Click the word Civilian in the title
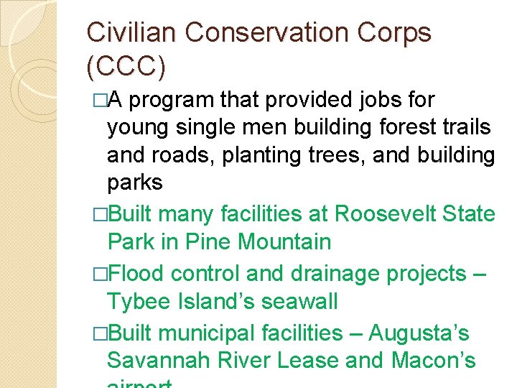[x=129, y=33]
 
